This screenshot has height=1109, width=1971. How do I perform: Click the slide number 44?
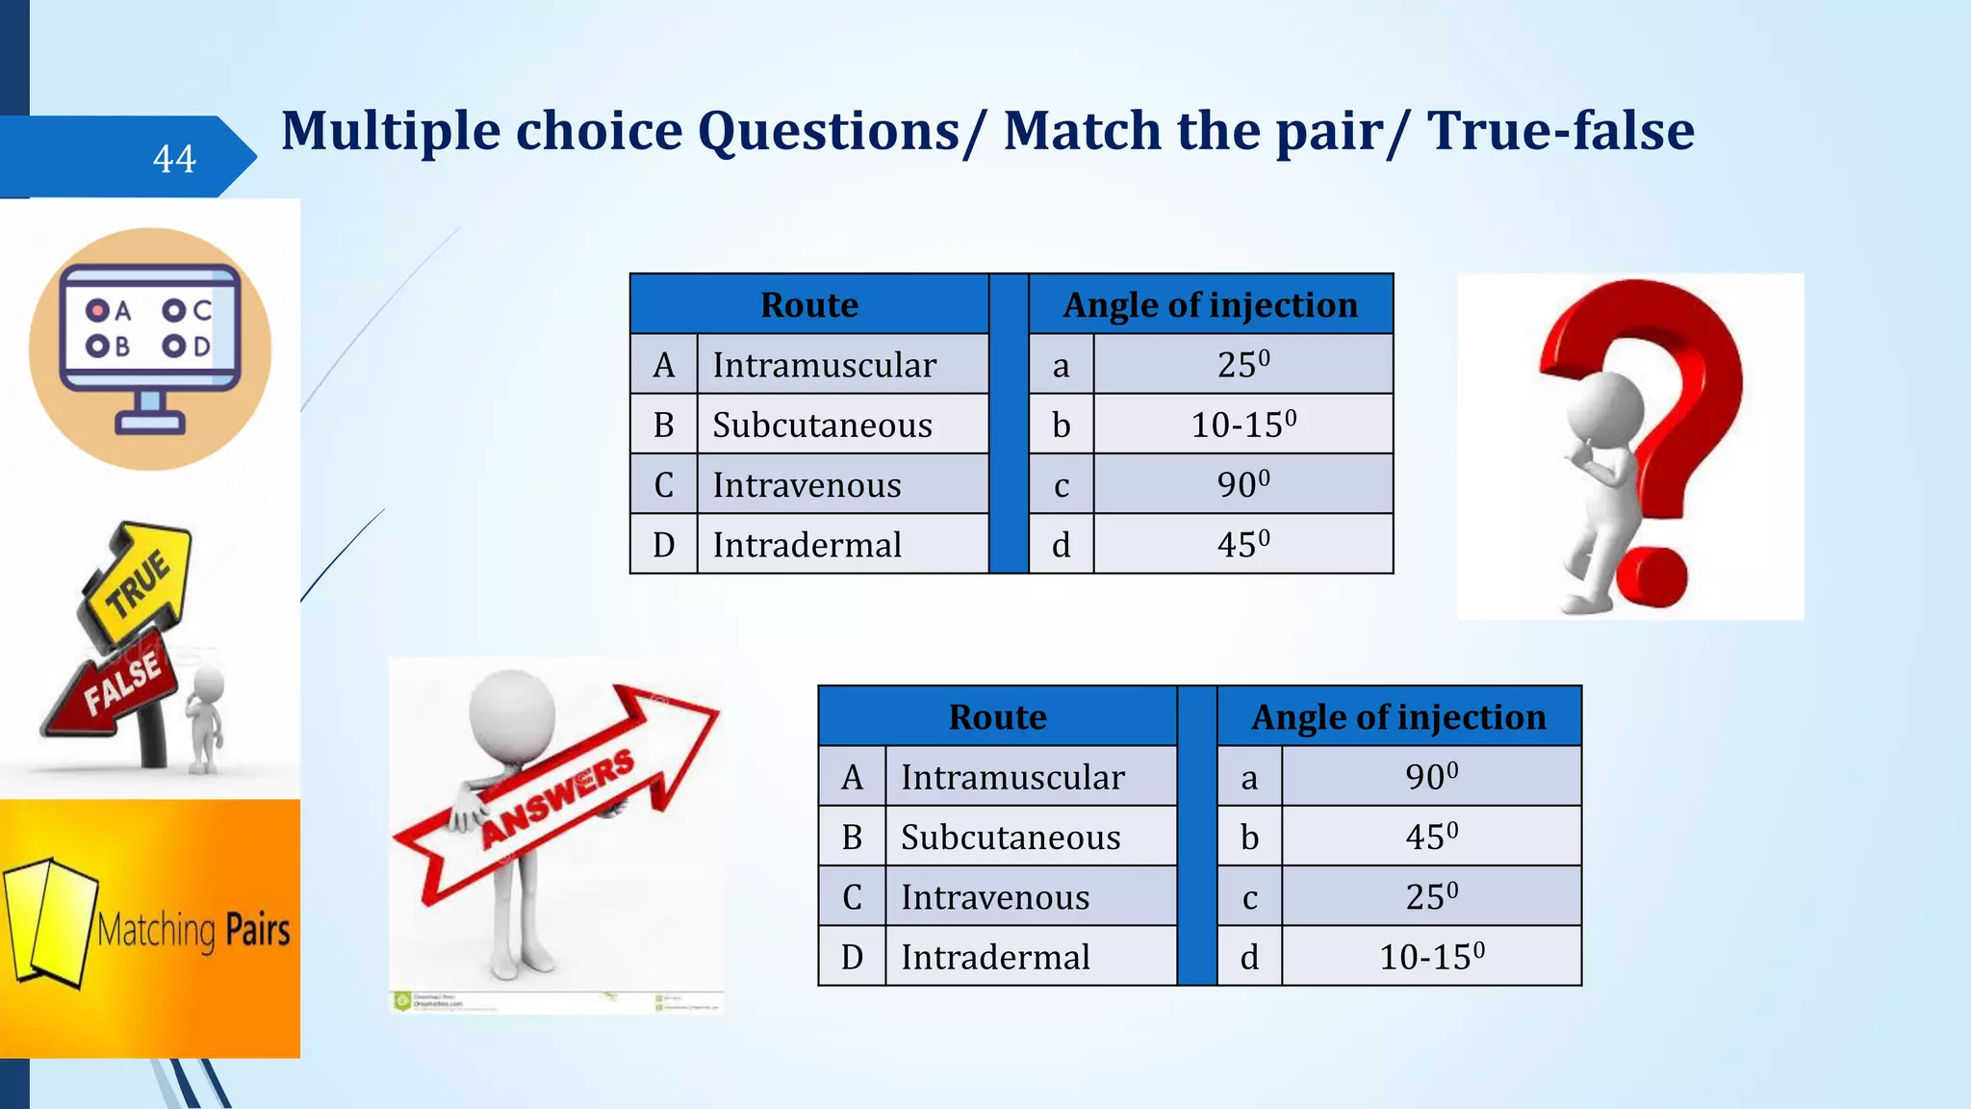(174, 159)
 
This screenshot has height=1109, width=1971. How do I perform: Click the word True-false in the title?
(1560, 131)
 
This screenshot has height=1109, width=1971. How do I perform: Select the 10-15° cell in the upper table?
(1243, 425)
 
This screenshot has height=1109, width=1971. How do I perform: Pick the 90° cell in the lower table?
(1431, 776)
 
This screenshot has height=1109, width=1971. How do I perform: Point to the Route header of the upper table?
(809, 305)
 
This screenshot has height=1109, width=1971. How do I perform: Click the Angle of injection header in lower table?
(1398, 717)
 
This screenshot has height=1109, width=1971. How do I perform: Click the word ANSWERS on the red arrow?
(558, 798)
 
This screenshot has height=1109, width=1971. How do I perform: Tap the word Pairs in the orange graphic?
(257, 930)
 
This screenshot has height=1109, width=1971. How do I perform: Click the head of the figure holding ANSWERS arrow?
(512, 716)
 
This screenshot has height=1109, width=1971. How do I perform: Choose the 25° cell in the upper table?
(1243, 365)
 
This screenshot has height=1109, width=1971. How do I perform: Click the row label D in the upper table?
(663, 545)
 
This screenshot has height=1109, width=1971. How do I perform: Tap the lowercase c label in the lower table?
(1249, 897)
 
